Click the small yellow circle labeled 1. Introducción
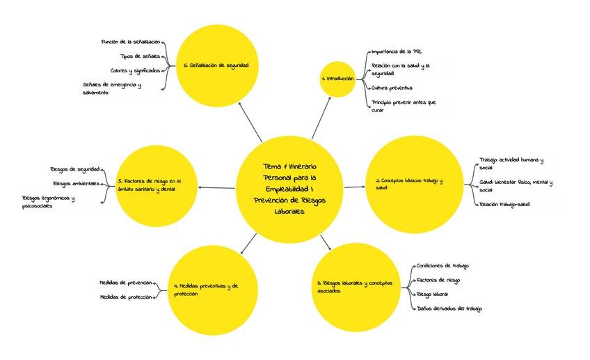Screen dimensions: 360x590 pos(337,79)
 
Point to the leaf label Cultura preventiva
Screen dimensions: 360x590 pos(392,88)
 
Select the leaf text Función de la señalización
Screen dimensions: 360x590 pos(131,42)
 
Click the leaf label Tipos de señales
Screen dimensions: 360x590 pos(140,56)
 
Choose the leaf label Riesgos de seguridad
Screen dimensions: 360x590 pos(74,169)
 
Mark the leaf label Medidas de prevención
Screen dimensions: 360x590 pos(125,283)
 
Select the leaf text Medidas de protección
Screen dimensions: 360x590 pos(125,298)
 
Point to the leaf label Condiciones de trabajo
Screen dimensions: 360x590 pos(442,265)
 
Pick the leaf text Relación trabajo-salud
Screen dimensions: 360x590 pos(504,204)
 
